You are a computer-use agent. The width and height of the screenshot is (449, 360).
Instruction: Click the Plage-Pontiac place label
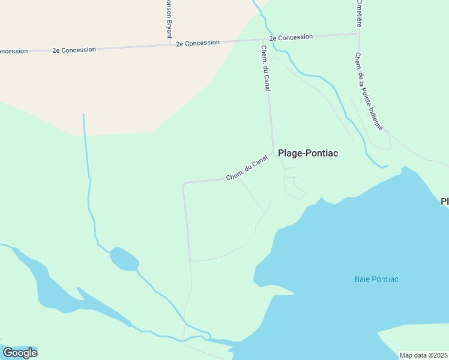pyautogui.click(x=308, y=153)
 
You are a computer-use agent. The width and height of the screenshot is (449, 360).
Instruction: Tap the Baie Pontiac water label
pyautogui.click(x=376, y=279)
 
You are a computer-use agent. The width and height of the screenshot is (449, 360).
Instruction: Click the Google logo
pyautogui.click(x=20, y=353)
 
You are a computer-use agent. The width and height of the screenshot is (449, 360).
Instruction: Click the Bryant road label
pyautogui.click(x=169, y=18)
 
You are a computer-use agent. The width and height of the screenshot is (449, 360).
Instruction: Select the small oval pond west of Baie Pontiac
pyautogui.click(x=124, y=259)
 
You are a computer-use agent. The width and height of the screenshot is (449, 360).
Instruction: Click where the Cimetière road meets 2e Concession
pyautogui.click(x=359, y=34)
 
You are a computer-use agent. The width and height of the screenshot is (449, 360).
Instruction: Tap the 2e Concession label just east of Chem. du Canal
pyautogui.click(x=291, y=37)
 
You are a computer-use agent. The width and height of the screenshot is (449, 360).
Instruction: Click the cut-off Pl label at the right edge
pyautogui.click(x=445, y=201)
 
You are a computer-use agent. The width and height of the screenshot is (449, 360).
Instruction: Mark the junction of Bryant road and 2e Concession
pyautogui.click(x=169, y=44)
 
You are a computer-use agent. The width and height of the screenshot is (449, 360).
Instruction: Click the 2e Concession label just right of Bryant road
pyautogui.click(x=198, y=43)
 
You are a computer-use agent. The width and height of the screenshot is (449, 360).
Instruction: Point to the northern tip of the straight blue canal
pyautogui.click(x=83, y=115)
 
